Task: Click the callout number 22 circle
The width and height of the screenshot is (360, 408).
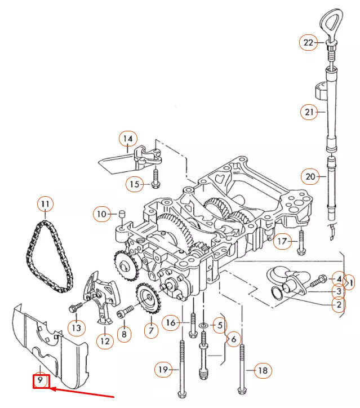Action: [308, 42]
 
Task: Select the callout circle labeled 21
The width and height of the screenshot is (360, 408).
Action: [309, 113]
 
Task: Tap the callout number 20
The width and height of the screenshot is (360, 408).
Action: [309, 176]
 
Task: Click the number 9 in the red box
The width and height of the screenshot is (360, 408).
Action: [41, 382]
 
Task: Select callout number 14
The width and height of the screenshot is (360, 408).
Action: [128, 139]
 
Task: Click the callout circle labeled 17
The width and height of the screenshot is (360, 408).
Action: [284, 242]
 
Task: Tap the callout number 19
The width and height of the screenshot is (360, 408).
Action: [163, 370]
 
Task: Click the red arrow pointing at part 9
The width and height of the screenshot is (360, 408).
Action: [85, 392]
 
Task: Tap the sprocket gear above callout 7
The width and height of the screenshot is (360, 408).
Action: [146, 300]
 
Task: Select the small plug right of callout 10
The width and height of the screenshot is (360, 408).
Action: [121, 214]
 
